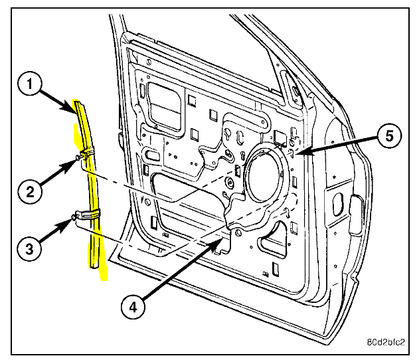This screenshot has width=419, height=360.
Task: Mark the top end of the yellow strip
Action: tap(80, 102)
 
